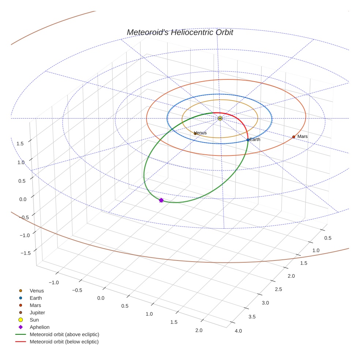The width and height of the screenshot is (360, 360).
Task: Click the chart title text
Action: pyautogui.click(x=180, y=33)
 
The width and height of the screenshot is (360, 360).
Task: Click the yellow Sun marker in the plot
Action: pyautogui.click(x=220, y=119)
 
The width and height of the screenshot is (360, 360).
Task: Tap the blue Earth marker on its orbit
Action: pyautogui.click(x=248, y=140)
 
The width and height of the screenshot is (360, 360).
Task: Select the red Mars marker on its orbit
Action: pyautogui.click(x=293, y=137)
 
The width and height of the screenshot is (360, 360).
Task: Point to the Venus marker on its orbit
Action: pyautogui.click(x=195, y=134)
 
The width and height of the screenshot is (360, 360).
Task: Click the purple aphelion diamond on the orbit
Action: pyautogui.click(x=161, y=200)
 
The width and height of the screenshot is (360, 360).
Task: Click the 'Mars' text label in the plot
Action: pyautogui.click(x=303, y=136)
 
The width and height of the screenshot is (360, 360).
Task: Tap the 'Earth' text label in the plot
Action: pyautogui.click(x=255, y=139)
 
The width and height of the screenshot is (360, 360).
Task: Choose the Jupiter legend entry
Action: pyautogui.click(x=37, y=312)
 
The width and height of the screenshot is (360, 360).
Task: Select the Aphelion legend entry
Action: pyautogui.click(x=39, y=327)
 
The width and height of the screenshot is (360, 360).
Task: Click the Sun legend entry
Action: pyautogui.click(x=34, y=320)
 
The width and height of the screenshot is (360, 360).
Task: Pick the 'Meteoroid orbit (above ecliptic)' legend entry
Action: pyautogui.click(x=64, y=334)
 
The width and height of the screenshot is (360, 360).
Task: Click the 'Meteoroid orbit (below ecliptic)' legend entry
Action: pyautogui.click(x=64, y=342)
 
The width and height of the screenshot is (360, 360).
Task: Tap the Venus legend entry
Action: pyautogui.click(x=37, y=291)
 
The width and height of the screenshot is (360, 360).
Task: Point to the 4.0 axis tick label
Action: pyautogui.click(x=238, y=331)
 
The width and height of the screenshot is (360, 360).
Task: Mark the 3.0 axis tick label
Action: pyautogui.click(x=264, y=303)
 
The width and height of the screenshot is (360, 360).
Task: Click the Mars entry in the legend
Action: pyautogui.click(x=35, y=305)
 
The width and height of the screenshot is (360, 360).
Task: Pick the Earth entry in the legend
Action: pyautogui.click(x=36, y=298)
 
